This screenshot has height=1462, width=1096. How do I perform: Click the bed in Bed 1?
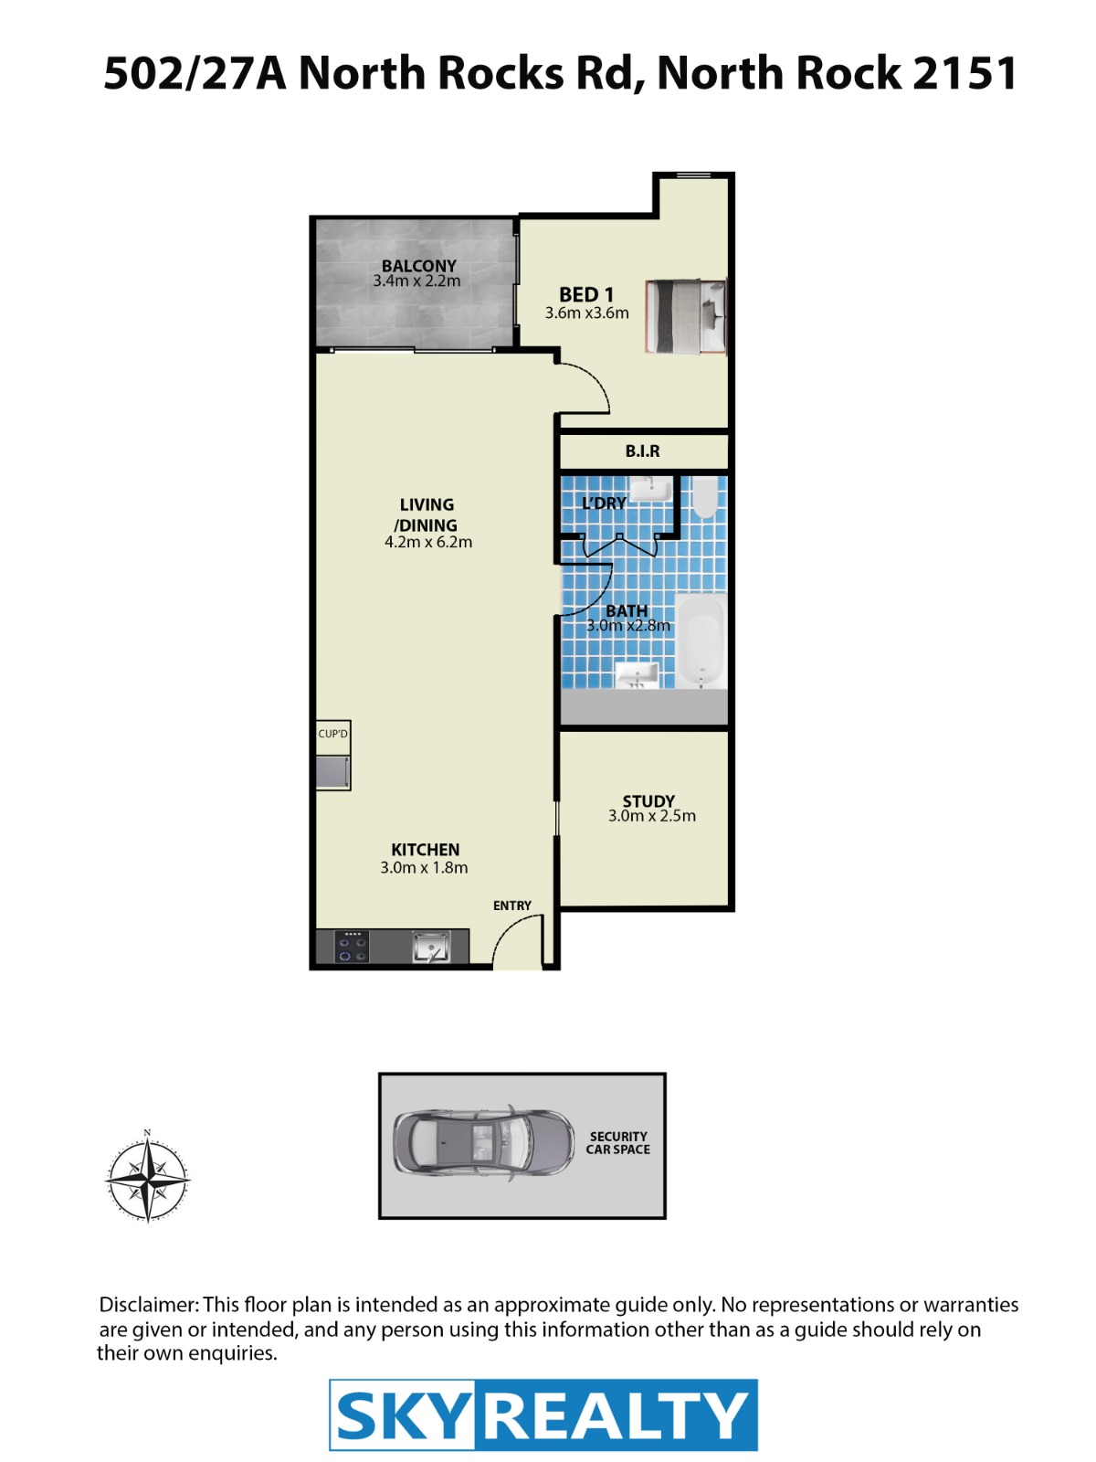(x=685, y=317)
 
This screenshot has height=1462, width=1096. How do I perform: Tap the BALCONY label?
(x=418, y=266)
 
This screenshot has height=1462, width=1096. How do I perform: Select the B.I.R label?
(x=642, y=451)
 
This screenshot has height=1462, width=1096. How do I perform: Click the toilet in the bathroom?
(x=704, y=497)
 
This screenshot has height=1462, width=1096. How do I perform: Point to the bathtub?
(x=701, y=641)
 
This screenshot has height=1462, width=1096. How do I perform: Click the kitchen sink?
(x=430, y=947)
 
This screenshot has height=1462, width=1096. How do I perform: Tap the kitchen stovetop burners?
(x=352, y=947)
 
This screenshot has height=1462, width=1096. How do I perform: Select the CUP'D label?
(x=332, y=734)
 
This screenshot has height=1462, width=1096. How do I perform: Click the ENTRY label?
(x=511, y=906)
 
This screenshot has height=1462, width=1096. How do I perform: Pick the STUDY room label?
(x=648, y=801)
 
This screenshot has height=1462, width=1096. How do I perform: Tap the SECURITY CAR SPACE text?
(x=617, y=1143)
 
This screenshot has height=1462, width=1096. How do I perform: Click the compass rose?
(x=148, y=1180)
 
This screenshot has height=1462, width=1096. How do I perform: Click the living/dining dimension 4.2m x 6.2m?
(x=427, y=542)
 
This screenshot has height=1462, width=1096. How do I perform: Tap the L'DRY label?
(x=604, y=503)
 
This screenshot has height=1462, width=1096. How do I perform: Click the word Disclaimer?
(x=149, y=1304)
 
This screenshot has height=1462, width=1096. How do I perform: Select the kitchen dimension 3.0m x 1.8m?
(x=424, y=868)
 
